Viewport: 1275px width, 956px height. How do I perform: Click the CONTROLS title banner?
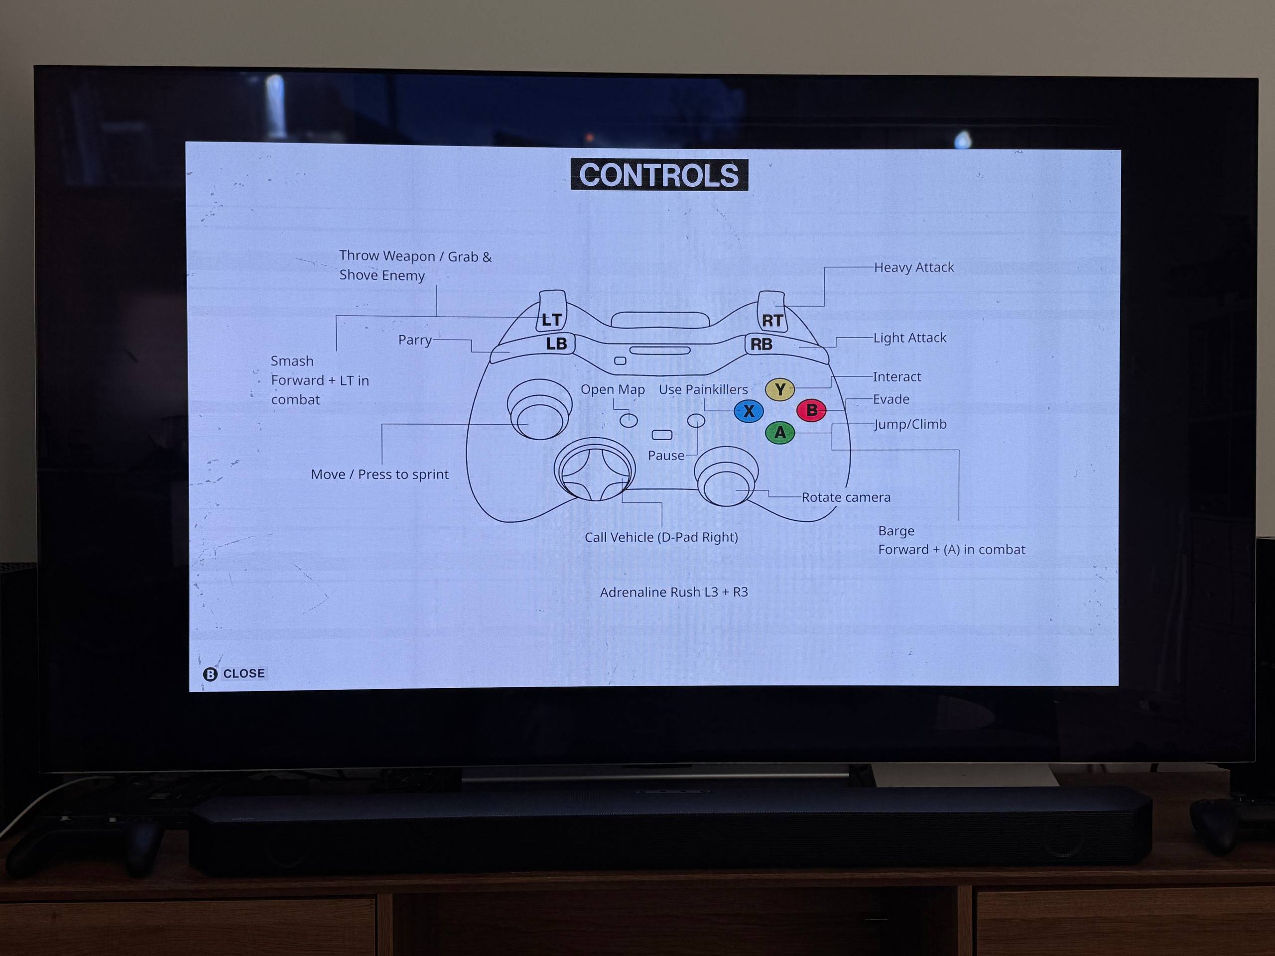[659, 175]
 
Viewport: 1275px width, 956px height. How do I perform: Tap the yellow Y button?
[779, 389]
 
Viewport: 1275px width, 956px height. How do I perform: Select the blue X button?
[749, 411]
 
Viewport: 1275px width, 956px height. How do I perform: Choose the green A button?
[780, 432]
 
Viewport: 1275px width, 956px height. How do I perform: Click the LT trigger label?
[551, 319]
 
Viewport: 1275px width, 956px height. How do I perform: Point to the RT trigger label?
[772, 320]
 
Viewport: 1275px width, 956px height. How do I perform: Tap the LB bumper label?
[556, 344]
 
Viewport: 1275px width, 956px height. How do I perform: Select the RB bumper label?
[761, 345]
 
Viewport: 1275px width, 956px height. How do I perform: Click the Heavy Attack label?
[913, 267]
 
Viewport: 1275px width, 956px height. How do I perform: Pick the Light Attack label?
[909, 338]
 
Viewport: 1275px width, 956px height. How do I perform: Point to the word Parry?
[414, 340]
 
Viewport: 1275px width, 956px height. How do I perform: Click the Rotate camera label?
[846, 497]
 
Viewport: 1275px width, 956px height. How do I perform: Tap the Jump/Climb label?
[910, 424]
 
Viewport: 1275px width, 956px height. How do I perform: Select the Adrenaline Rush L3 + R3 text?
[674, 592]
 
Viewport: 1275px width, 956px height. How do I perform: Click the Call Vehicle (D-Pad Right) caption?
[661, 537]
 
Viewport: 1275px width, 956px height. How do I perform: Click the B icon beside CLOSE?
[210, 674]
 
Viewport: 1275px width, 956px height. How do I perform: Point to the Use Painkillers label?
[703, 389]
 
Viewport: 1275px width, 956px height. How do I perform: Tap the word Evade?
[891, 399]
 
